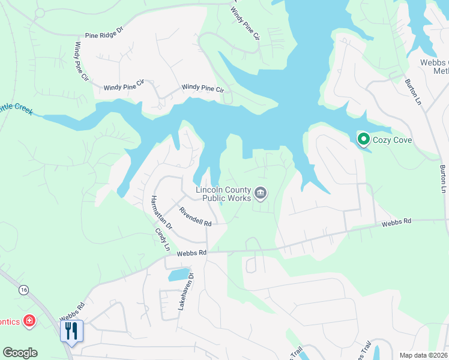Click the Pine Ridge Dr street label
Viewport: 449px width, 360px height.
[103, 35]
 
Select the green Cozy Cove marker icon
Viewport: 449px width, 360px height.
[363, 139]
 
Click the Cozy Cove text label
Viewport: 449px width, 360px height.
[394, 139]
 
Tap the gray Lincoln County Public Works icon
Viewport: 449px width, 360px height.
[261, 193]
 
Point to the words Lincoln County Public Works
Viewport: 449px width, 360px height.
[223, 194]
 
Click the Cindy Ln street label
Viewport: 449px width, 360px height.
[162, 239]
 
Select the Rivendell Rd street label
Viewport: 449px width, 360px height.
[195, 216]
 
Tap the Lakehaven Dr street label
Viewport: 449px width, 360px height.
[184, 291]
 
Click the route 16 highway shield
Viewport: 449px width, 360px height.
[23, 290]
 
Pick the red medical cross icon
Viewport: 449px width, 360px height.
[28, 322]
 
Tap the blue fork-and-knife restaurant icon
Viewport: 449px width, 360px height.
[71, 329]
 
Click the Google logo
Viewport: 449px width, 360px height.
[20, 353]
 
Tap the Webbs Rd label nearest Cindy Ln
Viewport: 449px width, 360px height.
[191, 253]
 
